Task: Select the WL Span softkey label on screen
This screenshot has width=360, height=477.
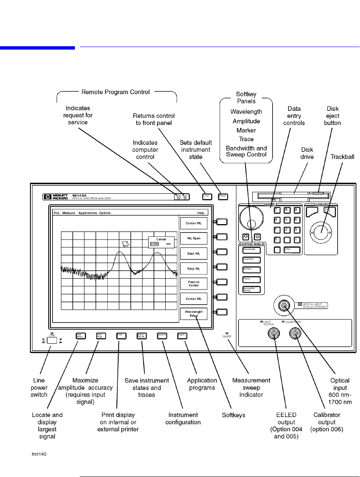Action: tap(193, 238)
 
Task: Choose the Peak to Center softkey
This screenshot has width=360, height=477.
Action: tap(193, 283)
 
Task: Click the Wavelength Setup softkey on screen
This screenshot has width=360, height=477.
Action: tap(193, 313)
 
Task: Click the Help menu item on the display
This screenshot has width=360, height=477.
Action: tap(201, 213)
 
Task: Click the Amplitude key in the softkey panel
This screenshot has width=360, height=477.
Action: tap(252, 260)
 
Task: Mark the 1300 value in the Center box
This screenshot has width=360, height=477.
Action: tap(154, 244)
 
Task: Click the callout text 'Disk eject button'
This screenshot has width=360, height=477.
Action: tap(333, 116)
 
